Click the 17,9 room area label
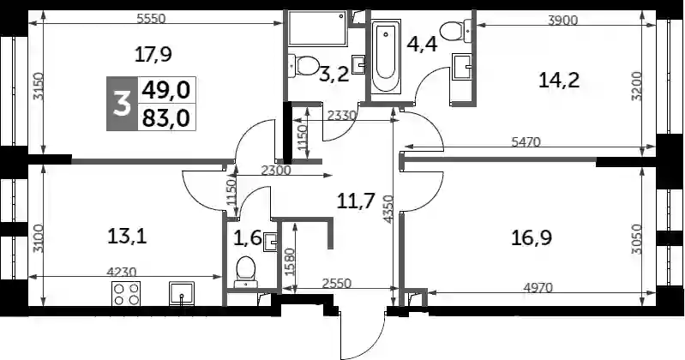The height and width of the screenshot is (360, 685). [153, 55]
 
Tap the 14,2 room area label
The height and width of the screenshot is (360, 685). [559, 81]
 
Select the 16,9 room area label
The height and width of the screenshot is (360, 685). [532, 238]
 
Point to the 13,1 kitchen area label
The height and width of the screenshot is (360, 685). [127, 237]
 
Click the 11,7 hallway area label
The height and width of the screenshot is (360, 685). [356, 201]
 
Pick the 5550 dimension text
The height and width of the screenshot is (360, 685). [151, 19]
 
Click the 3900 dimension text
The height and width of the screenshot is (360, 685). [562, 20]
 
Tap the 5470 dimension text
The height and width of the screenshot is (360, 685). [526, 142]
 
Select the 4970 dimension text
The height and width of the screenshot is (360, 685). [538, 288]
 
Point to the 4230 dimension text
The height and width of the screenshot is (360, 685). [122, 273]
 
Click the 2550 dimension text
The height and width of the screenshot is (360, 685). [336, 284]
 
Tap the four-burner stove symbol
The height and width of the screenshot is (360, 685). [126, 294]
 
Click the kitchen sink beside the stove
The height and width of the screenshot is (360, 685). [182, 294]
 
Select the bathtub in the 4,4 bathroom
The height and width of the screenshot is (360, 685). [385, 56]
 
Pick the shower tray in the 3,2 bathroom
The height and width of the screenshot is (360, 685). [317, 28]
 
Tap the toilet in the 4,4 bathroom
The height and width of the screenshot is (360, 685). [456, 31]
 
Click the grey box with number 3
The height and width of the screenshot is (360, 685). [123, 104]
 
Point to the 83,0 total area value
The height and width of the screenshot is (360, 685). [166, 118]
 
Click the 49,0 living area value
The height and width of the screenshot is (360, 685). [166, 91]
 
